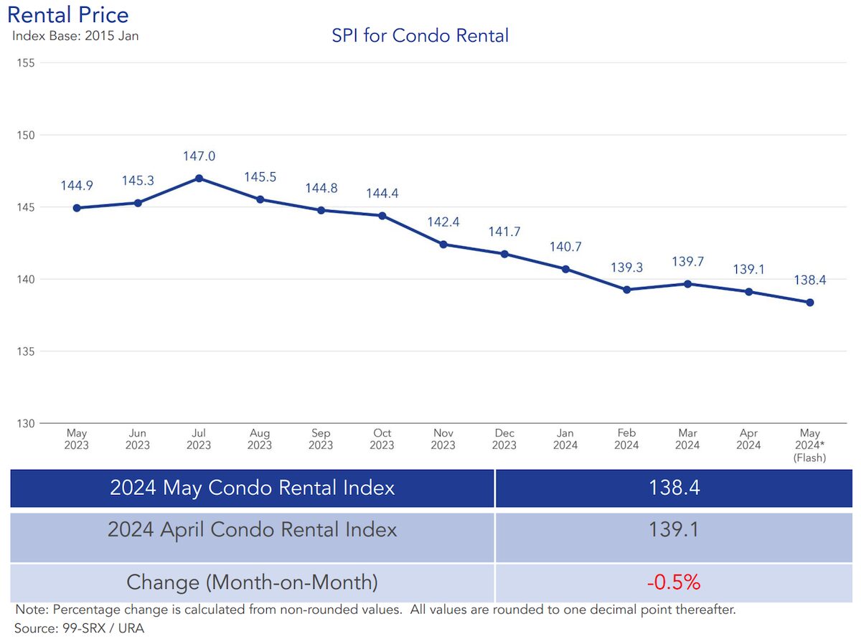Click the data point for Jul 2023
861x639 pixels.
[x=199, y=178]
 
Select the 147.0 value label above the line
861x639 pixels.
[x=199, y=156]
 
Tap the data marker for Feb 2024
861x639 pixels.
[x=626, y=290]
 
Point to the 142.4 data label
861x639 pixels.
[x=443, y=222]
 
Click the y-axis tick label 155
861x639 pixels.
[x=25, y=63]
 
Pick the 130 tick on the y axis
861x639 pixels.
[x=25, y=423]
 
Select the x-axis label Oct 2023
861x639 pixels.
[x=382, y=439]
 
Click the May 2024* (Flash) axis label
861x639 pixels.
[x=810, y=445]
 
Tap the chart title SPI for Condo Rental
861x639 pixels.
[x=420, y=36]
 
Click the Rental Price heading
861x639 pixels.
[x=68, y=14]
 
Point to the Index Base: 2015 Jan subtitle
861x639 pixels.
[x=75, y=35]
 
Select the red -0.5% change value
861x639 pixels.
[x=673, y=582]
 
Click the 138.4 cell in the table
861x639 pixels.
[x=673, y=488]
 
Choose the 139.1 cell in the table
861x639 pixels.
[x=673, y=531]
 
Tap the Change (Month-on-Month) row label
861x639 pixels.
[x=252, y=582]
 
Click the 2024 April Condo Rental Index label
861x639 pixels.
[x=252, y=531]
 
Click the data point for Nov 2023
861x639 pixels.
[x=443, y=245]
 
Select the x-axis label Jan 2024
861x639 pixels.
[x=565, y=439]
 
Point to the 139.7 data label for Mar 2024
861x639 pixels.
[x=687, y=262]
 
